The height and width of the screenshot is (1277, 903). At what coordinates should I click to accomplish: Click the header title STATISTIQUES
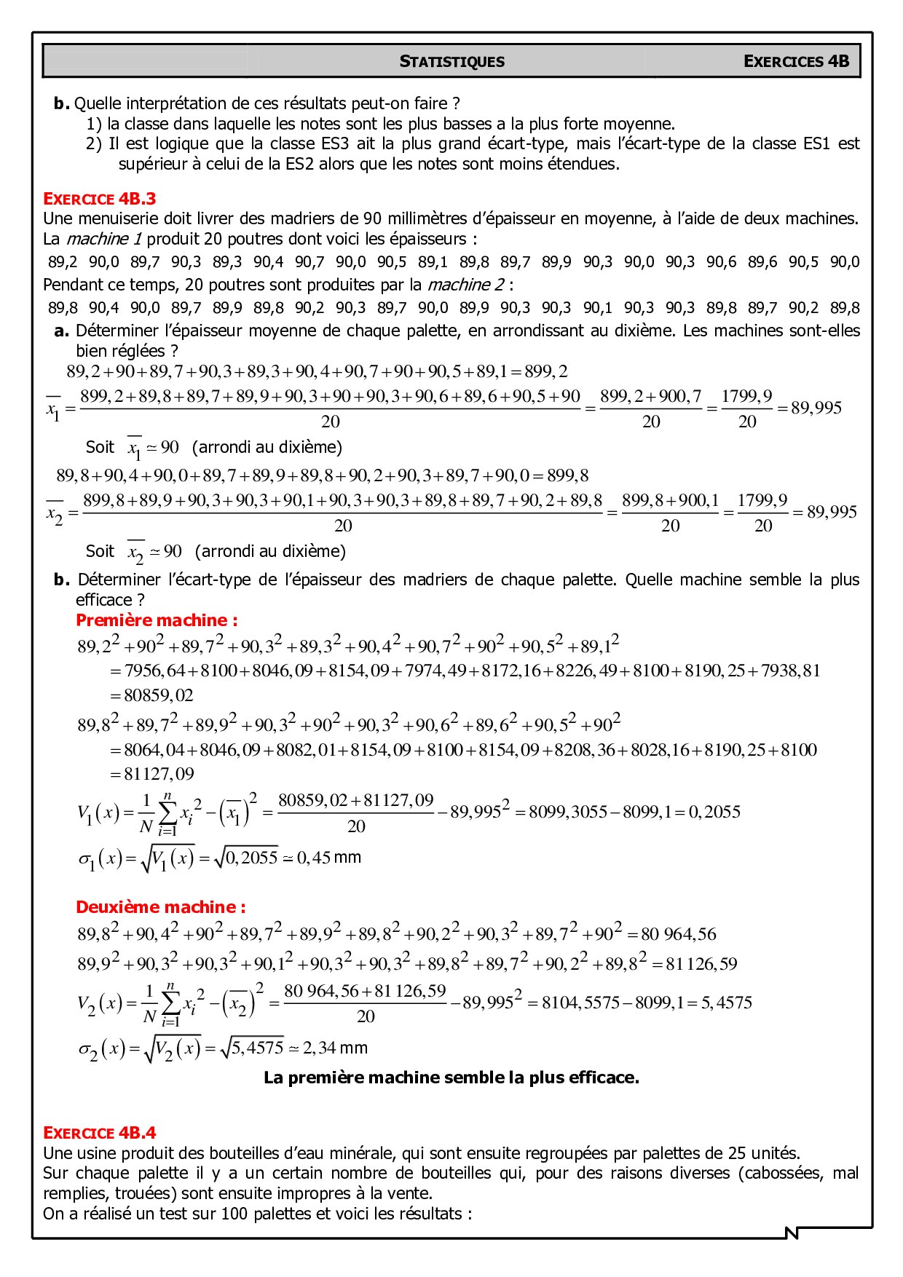tap(451, 61)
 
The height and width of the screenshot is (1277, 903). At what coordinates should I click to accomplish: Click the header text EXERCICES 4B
tap(796, 61)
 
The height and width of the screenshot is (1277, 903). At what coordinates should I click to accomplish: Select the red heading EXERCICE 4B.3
tap(99, 199)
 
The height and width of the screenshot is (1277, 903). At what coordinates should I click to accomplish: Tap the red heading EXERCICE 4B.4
tap(99, 1132)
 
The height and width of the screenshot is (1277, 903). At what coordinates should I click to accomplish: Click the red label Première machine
tap(157, 620)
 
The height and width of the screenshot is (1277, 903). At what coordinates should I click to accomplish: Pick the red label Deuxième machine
tap(160, 907)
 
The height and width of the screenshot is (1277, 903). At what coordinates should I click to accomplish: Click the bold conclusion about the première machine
tap(451, 1078)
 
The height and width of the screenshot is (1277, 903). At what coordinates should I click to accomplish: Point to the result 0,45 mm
tap(328, 858)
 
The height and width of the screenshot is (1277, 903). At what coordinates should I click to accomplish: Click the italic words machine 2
tap(466, 285)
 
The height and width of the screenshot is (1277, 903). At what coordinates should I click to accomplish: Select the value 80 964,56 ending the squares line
tap(678, 934)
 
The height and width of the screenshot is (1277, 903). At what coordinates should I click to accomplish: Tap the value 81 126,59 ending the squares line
tap(701, 964)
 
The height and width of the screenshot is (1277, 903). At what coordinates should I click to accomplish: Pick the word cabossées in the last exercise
tap(780, 1173)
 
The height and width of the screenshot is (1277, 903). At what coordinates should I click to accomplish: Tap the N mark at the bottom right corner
tap(792, 1233)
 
